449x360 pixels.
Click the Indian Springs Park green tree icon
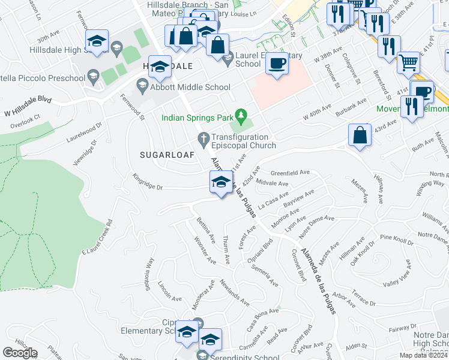(241, 114)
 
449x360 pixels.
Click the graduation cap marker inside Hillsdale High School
(95, 42)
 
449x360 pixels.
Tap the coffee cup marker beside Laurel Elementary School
(276, 64)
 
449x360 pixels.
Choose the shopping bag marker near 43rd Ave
(360, 136)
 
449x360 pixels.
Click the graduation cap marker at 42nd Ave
(221, 182)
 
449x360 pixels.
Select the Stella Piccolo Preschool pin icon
(92, 76)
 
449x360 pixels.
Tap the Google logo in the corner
(20, 353)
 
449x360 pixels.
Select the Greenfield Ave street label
(290, 172)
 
